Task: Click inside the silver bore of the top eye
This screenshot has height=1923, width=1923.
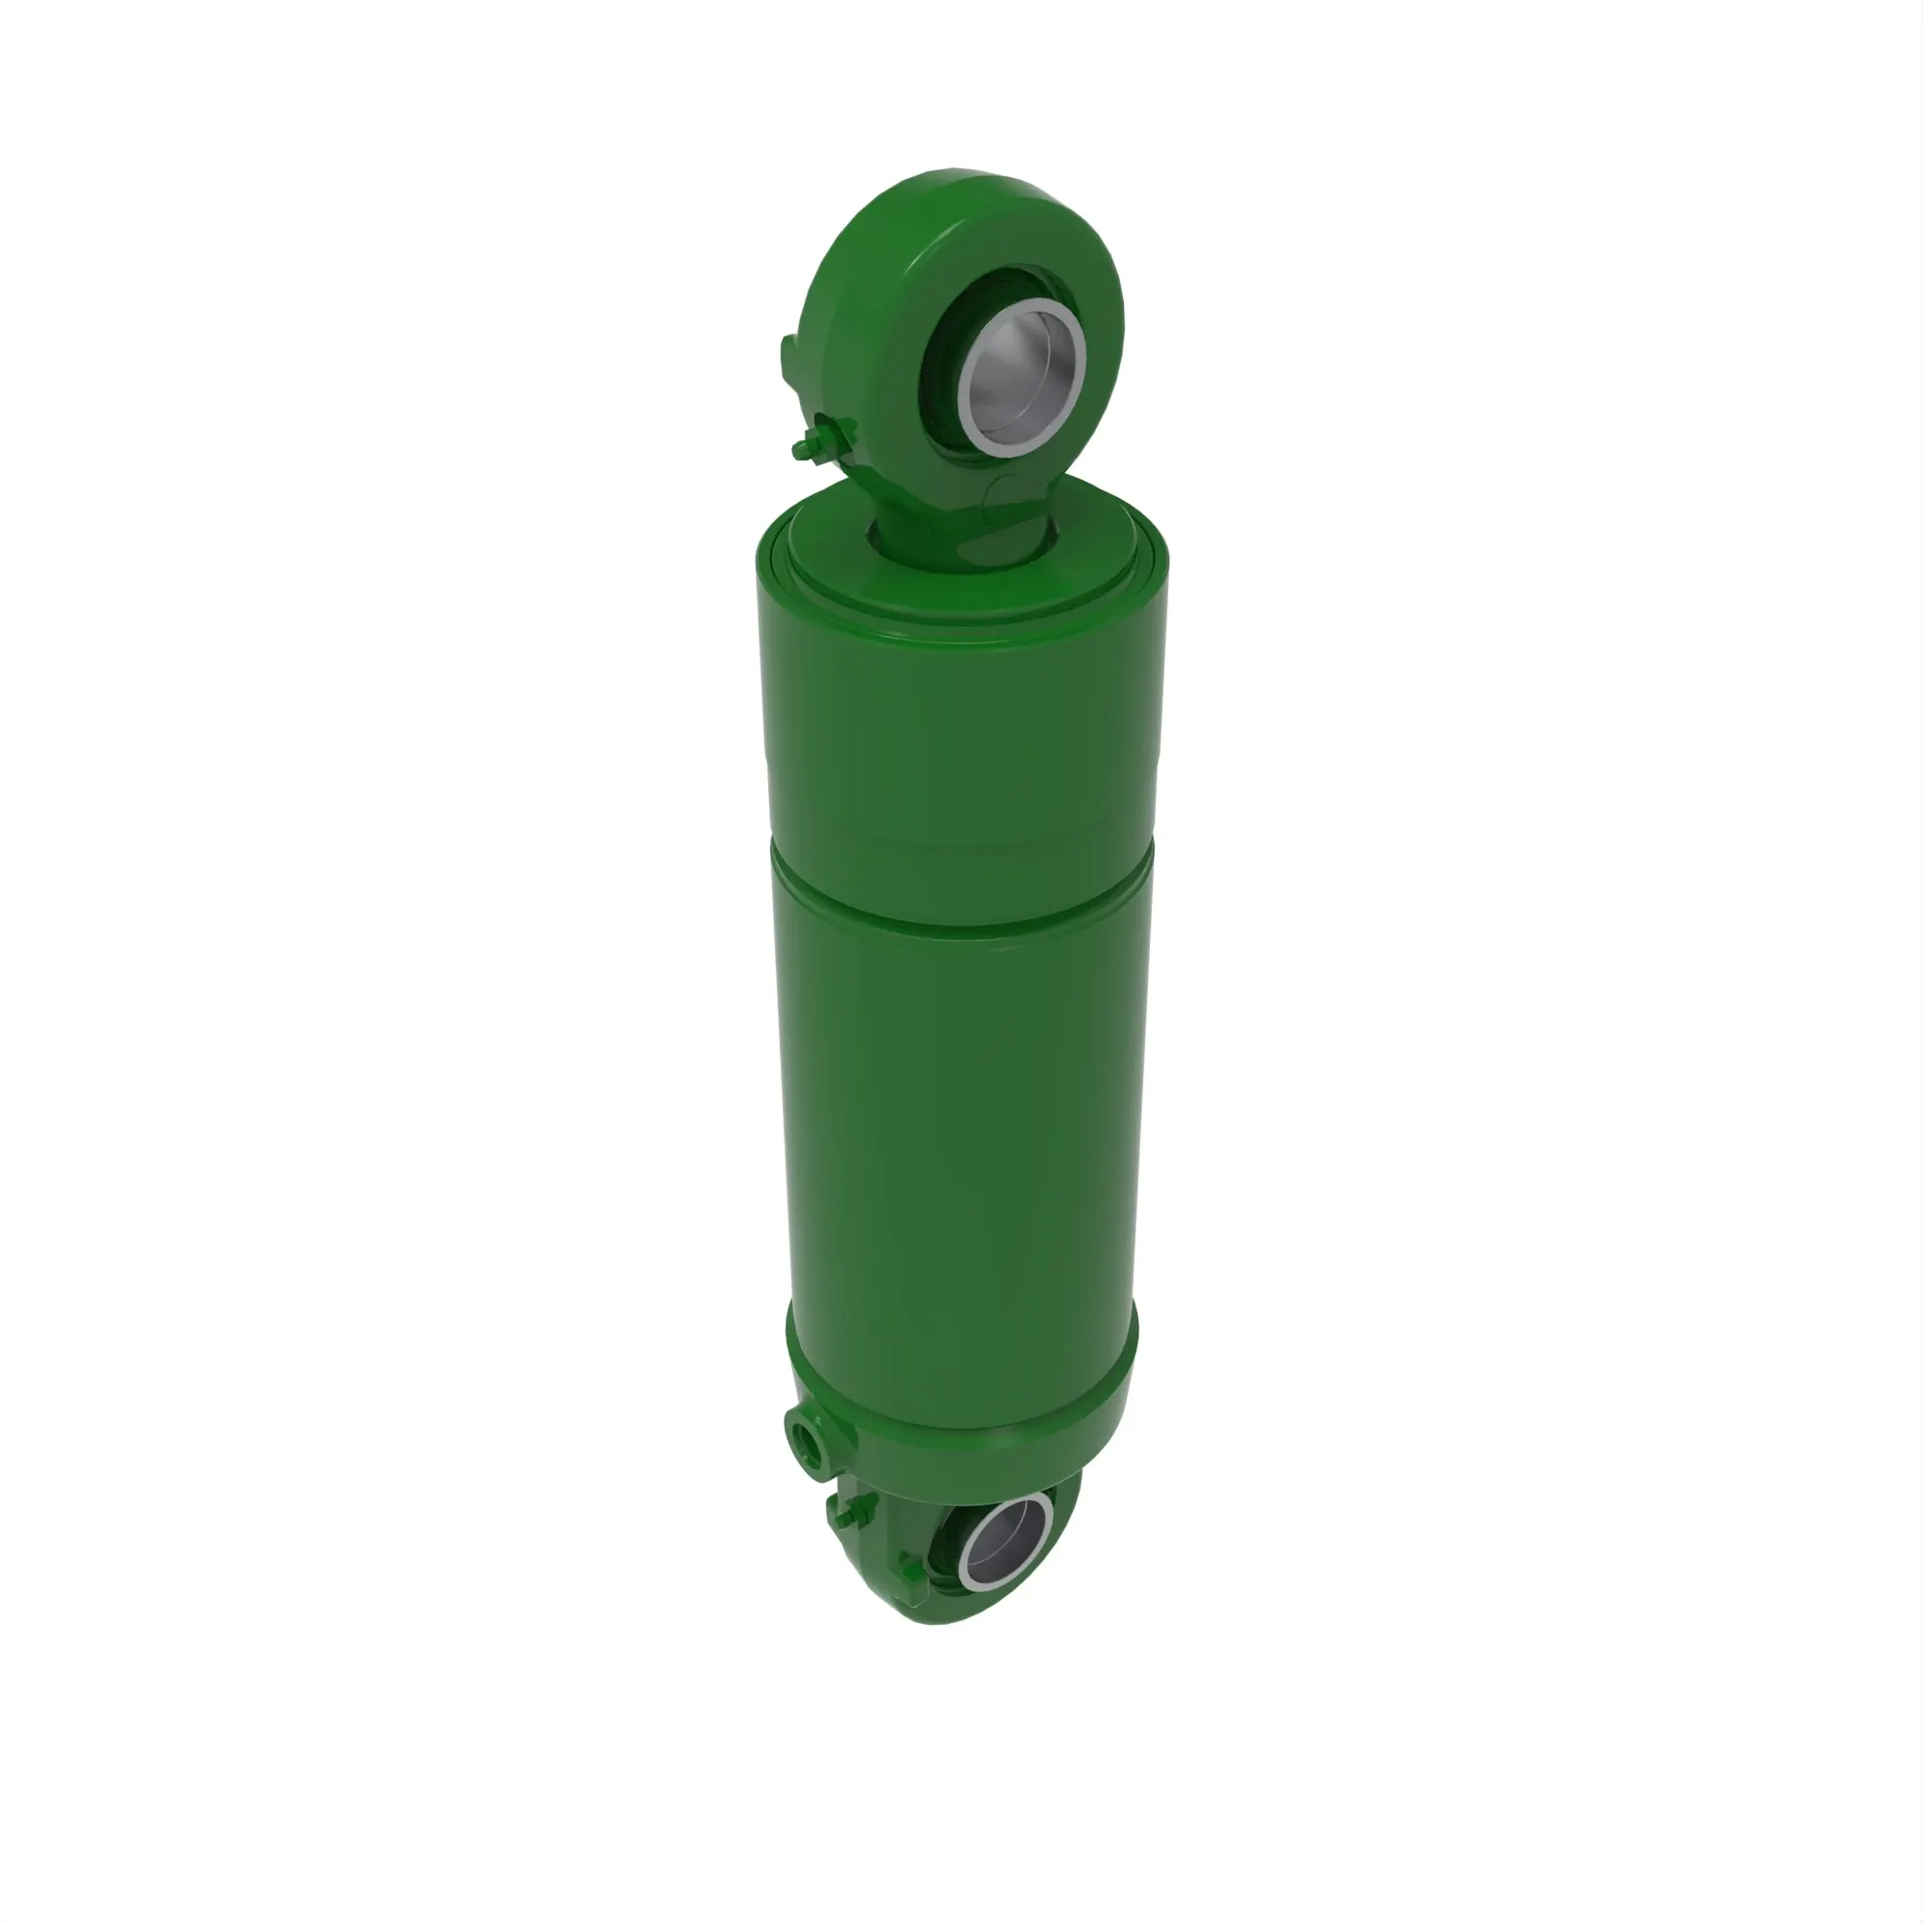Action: coord(1025,378)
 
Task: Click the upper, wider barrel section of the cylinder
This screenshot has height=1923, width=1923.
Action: coord(961,737)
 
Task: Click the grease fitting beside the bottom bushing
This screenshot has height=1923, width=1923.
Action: coord(911,1573)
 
